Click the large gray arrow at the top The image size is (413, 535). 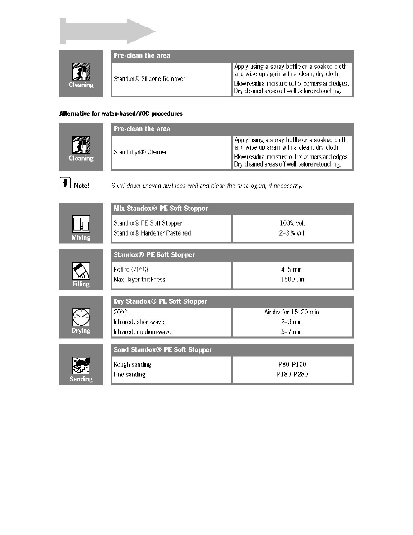coord(108,32)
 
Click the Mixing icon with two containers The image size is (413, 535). coord(81,224)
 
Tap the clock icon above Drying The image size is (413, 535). coord(81,317)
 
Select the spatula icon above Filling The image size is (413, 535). coord(81,271)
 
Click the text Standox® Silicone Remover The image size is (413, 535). coord(149,79)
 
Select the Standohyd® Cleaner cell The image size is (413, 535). coord(140,152)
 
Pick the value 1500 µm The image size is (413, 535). coord(292,280)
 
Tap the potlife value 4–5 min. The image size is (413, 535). coord(292,269)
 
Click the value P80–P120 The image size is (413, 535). coord(292,364)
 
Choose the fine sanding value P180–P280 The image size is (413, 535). coord(292,375)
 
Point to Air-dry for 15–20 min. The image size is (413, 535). coord(292,312)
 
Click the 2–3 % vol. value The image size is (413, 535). coord(292,233)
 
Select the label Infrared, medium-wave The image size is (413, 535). coord(143,332)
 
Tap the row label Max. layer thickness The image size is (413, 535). coord(139,280)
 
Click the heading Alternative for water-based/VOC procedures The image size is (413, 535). coord(121,114)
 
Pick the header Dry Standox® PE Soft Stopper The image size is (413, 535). coord(161,301)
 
